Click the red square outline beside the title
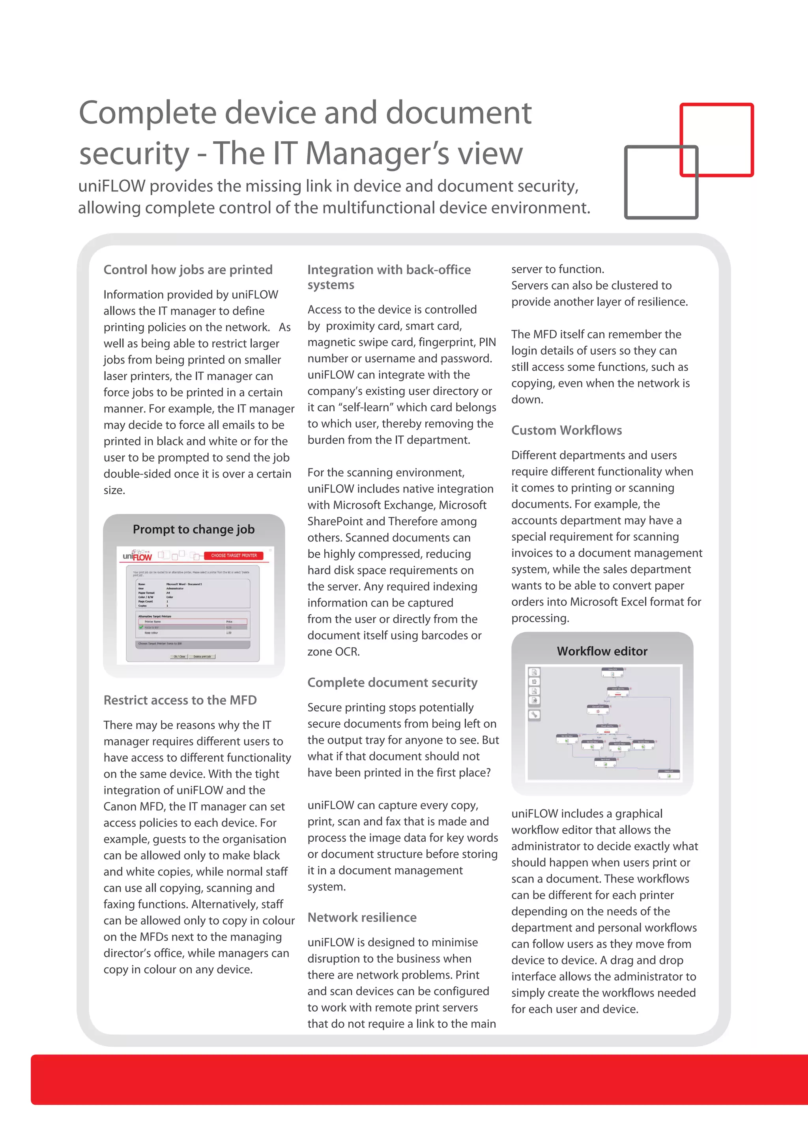pos(716,105)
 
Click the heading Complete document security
pos(392,682)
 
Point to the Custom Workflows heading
pos(566,430)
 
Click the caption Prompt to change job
pos(194,529)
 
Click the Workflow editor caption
pos(602,651)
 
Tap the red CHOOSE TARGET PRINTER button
pos(234,556)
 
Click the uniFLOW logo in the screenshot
pos(137,556)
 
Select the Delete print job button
pos(202,657)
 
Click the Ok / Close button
pos(179,657)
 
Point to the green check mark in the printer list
pos(141,627)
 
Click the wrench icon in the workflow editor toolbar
pos(534,715)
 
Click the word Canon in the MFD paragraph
pos(118,806)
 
